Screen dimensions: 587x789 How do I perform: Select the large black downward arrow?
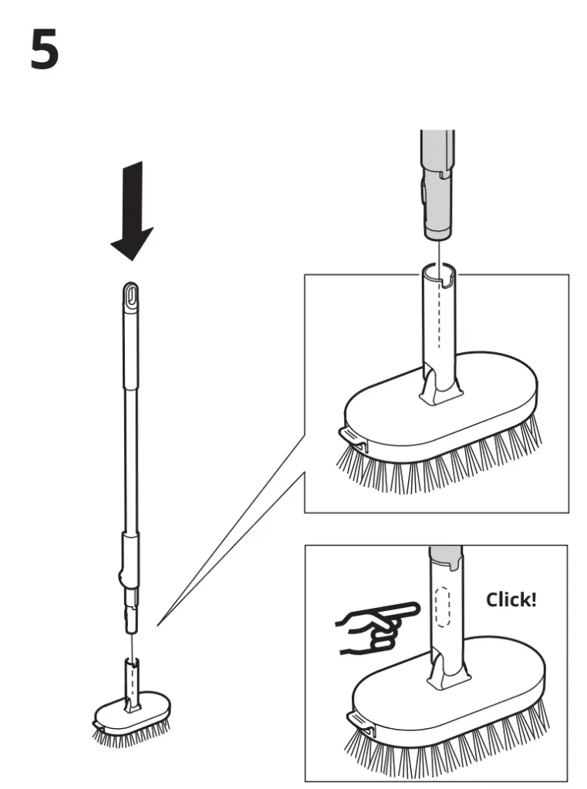132,210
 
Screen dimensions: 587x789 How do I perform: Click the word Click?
511,599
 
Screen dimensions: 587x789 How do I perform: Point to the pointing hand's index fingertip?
416,609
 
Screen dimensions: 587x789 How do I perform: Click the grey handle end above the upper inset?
437,186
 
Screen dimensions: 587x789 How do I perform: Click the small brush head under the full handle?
130,720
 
